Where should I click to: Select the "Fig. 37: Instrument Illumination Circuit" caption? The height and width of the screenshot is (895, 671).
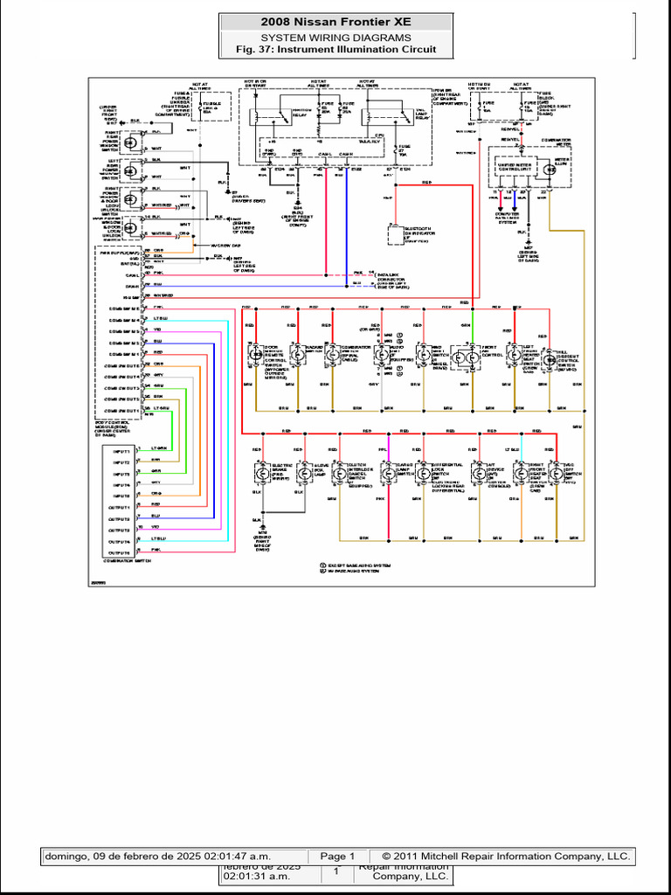coord(335,50)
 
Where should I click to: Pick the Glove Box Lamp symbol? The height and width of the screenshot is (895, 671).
coord(305,472)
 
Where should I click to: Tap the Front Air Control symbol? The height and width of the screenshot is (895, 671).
coord(464,357)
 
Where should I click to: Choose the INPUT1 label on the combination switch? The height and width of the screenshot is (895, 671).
coord(120,450)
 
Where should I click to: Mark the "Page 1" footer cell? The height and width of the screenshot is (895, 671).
coord(337,856)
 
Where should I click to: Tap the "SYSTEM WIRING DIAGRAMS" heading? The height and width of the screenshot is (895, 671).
coord(335,38)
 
